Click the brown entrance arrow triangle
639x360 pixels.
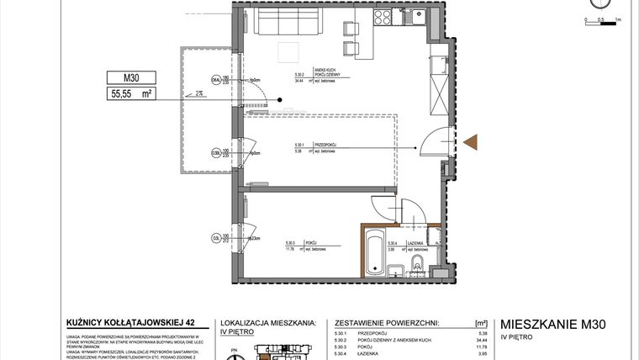coord(471,144)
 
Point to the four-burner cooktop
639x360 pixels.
coord(383,19)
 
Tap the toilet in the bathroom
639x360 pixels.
coord(418,268)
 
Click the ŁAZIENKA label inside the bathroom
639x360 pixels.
coord(419,242)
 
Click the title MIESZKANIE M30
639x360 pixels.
coord(553,323)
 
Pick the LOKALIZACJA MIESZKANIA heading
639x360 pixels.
coord(267,322)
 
